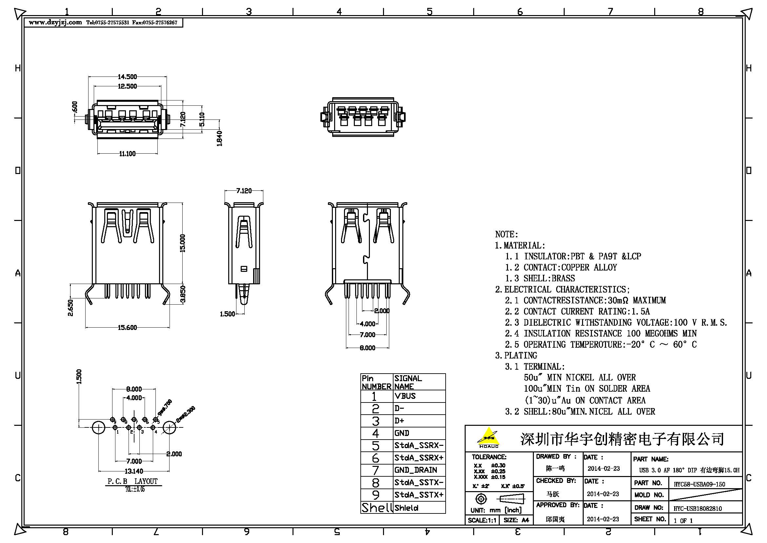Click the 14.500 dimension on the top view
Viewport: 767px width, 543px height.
pos(127,77)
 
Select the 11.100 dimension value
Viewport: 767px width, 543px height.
pos(127,154)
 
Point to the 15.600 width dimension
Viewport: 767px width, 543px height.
pos(127,328)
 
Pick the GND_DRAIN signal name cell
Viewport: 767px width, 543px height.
pos(415,470)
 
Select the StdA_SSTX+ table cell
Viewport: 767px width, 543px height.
pos(418,495)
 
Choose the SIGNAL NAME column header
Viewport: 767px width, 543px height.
pos(408,382)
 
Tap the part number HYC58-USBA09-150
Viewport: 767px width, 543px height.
pos(699,484)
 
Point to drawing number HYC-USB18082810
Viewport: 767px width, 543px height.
pos(697,509)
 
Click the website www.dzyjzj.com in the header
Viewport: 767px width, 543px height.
pos(55,22)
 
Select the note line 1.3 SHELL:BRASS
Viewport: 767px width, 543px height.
pos(549,278)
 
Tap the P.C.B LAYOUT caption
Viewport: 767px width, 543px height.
pos(132,481)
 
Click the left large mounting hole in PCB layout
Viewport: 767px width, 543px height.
pos(99,428)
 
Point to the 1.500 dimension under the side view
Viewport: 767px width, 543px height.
pos(227,314)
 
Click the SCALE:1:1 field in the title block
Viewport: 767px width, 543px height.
pos(482,520)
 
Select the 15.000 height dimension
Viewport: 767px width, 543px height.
pos(182,243)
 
